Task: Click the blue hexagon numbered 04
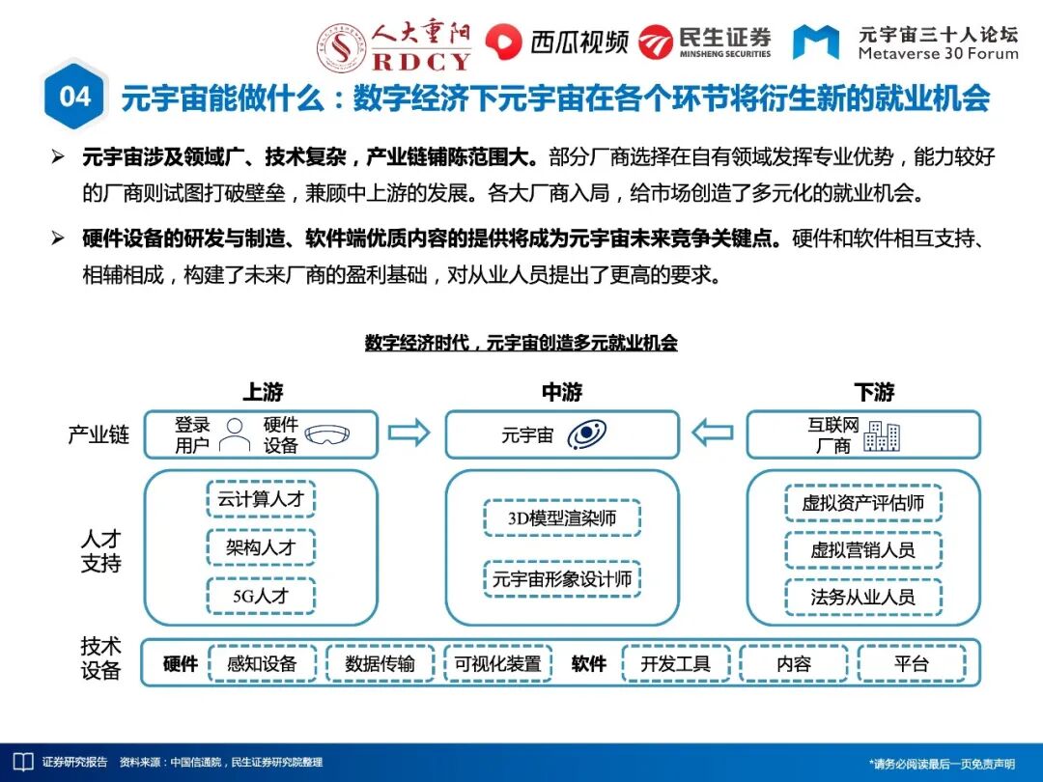click(x=74, y=97)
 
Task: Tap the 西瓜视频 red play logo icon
click(x=503, y=42)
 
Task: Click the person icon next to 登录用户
click(x=234, y=434)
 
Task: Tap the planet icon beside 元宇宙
click(x=586, y=435)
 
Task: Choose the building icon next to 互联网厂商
click(x=882, y=436)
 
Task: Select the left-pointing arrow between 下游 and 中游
click(x=713, y=433)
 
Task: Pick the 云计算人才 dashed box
click(x=261, y=500)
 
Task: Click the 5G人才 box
click(x=261, y=596)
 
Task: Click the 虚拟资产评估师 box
click(x=862, y=503)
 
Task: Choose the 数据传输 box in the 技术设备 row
click(x=380, y=663)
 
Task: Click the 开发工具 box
click(x=675, y=663)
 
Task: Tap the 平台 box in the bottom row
click(x=911, y=663)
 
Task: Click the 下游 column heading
click(x=874, y=392)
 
